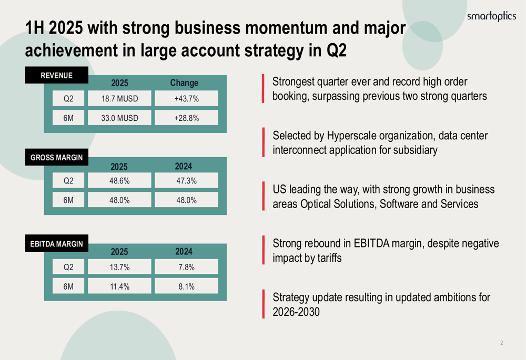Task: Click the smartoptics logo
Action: (x=491, y=16)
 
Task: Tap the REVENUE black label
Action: (x=57, y=75)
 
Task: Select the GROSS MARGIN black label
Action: (x=57, y=157)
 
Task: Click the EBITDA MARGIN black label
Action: (x=57, y=243)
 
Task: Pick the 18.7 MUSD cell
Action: (x=119, y=99)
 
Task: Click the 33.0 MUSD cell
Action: (x=119, y=118)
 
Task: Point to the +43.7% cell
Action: (x=187, y=99)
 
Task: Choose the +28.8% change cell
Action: (x=187, y=118)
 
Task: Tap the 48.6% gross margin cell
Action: (x=119, y=181)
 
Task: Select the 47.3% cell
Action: (x=187, y=181)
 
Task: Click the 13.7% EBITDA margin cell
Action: (x=119, y=267)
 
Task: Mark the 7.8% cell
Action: (x=187, y=267)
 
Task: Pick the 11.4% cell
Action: (x=119, y=286)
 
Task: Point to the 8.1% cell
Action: (x=187, y=286)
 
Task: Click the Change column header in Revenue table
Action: (x=184, y=83)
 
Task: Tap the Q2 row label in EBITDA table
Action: (x=68, y=267)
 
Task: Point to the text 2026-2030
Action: (x=296, y=312)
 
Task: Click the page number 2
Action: (x=501, y=343)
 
